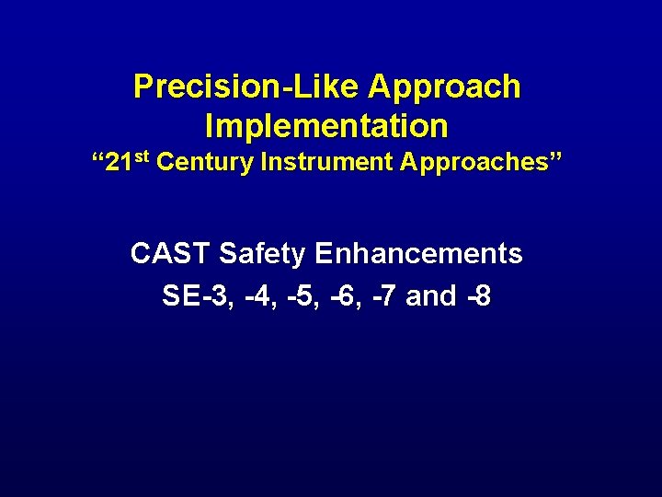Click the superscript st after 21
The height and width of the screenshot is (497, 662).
143,157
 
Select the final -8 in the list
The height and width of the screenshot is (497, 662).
478,295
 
